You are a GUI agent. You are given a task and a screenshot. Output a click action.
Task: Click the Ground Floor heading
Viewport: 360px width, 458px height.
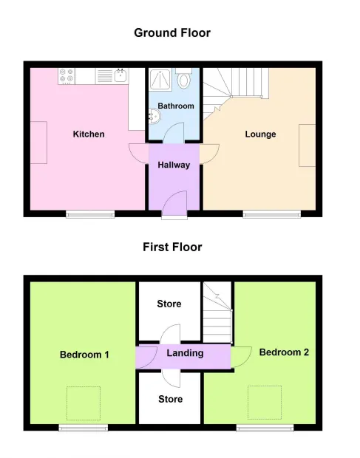click(172, 33)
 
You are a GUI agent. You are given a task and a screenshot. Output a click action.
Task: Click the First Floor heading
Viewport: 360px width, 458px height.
click(172, 247)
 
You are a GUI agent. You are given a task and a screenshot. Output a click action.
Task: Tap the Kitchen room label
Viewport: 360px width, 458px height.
click(89, 134)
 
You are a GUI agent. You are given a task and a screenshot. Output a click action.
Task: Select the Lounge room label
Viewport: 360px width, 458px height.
click(260, 134)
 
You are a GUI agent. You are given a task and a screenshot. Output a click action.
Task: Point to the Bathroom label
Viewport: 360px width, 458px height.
click(176, 106)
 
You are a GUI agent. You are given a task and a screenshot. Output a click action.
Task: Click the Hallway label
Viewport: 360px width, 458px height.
click(174, 165)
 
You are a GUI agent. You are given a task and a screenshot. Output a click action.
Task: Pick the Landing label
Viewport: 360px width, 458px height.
click(185, 353)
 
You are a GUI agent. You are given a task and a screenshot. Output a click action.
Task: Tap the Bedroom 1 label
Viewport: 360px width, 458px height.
click(84, 355)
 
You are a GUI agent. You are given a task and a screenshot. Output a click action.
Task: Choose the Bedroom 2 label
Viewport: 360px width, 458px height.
click(284, 352)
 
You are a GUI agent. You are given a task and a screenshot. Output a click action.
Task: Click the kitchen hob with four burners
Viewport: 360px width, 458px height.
click(67, 76)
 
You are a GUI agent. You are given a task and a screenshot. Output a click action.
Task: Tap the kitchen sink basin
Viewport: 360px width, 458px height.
click(120, 75)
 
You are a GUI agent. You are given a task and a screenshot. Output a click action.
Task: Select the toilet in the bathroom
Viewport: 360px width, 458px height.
click(183, 78)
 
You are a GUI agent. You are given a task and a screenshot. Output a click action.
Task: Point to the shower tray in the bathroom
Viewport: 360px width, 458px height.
click(161, 80)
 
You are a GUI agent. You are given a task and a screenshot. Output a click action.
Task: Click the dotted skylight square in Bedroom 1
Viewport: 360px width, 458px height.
click(84, 403)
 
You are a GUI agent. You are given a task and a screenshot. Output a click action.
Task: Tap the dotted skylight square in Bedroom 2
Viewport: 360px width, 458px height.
click(265, 403)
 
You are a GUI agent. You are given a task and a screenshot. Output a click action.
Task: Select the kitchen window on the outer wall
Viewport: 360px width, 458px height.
click(90, 214)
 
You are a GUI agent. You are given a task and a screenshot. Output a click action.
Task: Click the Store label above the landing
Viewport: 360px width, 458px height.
click(169, 304)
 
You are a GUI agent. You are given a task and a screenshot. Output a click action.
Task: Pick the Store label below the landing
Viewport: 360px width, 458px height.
click(170, 399)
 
